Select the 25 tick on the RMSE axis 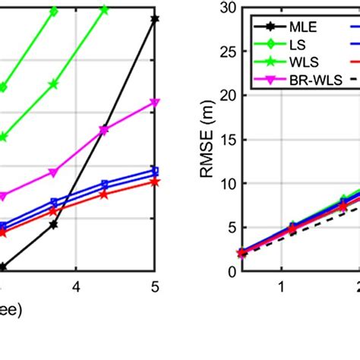click(227, 52)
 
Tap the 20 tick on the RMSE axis click(227, 96)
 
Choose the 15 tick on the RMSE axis click(227, 140)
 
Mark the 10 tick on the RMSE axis click(227, 184)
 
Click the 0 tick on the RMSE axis click(230, 271)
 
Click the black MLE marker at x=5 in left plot click(155, 18)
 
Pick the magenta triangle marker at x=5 click(155, 102)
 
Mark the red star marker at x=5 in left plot click(155, 182)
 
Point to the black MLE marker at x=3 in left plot click(2, 267)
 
